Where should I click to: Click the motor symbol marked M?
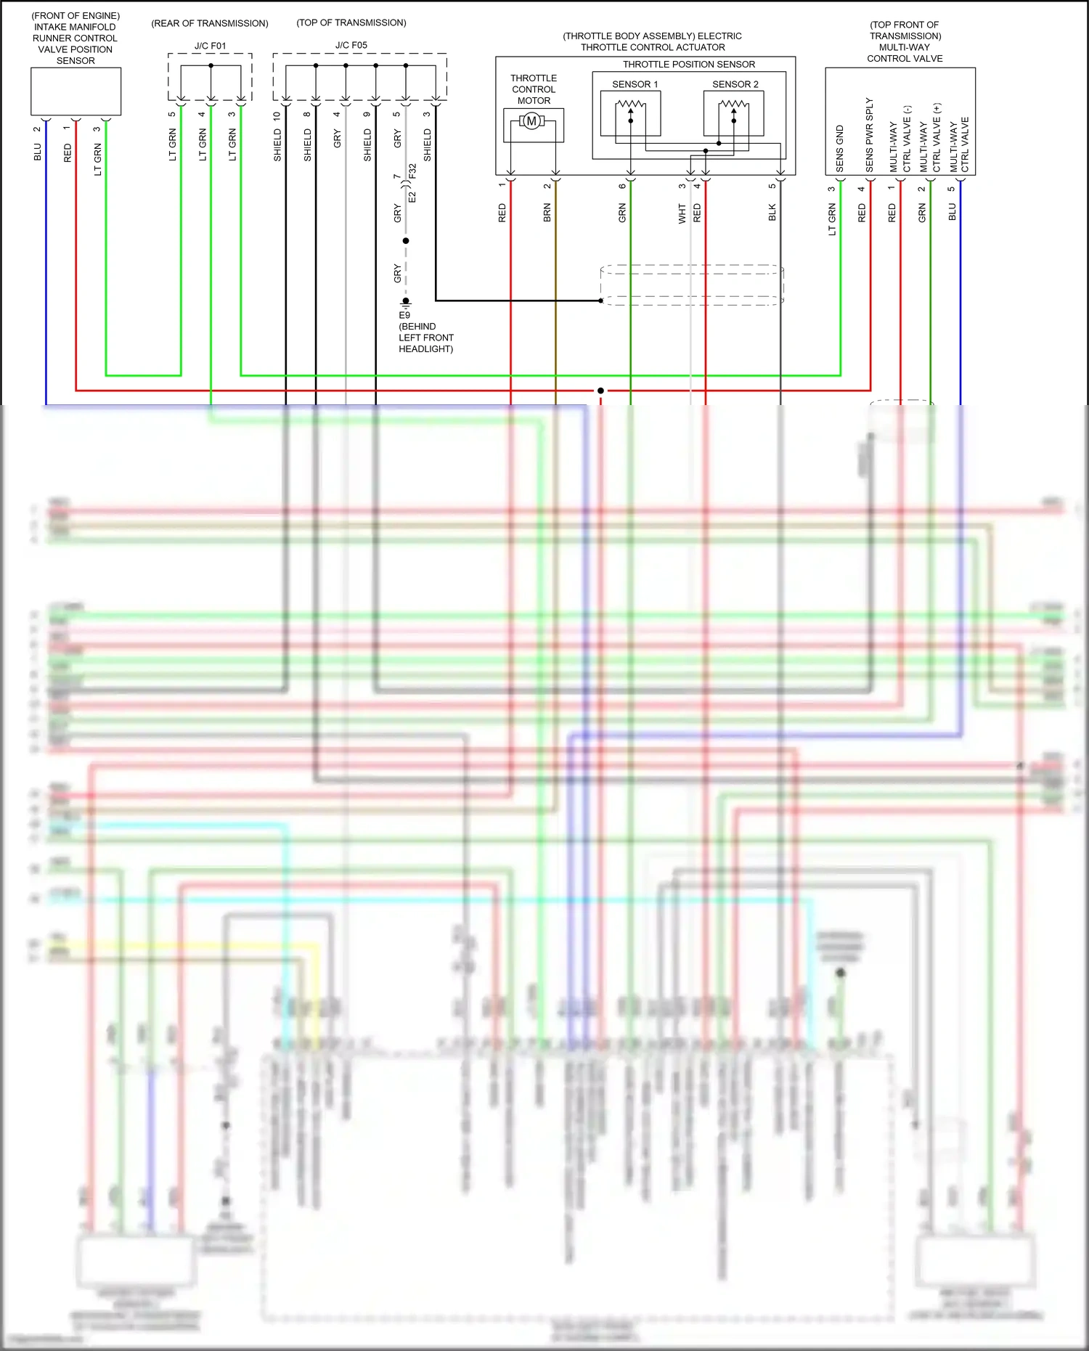pos(532,121)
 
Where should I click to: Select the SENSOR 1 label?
pos(635,84)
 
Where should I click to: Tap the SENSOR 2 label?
pos(735,84)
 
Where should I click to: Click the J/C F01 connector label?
pos(210,46)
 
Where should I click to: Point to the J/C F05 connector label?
pos(351,45)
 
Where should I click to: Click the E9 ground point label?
pos(404,315)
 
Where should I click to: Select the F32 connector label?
pos(412,172)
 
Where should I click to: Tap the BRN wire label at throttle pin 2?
pos(547,213)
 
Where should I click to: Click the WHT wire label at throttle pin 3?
pos(682,213)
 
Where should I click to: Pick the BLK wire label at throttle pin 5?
pos(772,212)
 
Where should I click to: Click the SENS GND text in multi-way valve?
pos(840,149)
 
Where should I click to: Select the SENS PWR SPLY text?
pos(869,136)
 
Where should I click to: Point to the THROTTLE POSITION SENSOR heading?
pos(688,65)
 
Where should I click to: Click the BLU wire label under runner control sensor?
pos(38,152)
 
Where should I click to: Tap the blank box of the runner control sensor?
pos(76,91)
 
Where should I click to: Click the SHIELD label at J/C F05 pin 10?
pos(277,145)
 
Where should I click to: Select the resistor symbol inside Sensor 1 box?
pos(630,105)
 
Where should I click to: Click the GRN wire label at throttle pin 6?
pos(622,213)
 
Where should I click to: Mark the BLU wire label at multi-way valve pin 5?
pos(952,212)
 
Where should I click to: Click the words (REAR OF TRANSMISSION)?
pos(210,23)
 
